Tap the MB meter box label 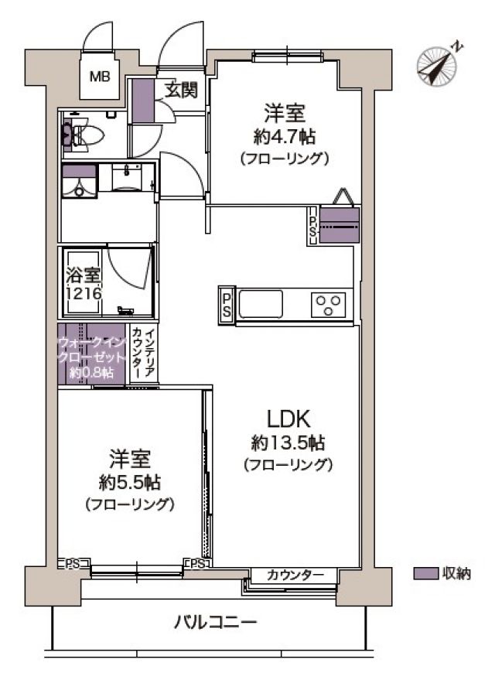100,77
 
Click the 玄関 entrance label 182,90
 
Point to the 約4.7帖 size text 285,138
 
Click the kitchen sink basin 261,304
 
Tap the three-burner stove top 328,304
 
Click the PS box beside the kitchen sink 227,304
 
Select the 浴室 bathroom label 84,275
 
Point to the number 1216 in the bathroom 84,294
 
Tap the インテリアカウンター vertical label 143,354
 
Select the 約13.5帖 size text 288,443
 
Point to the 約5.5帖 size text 130,483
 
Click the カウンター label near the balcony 295,575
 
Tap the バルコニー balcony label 216,621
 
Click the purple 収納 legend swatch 426,574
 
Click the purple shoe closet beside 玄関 142,101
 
